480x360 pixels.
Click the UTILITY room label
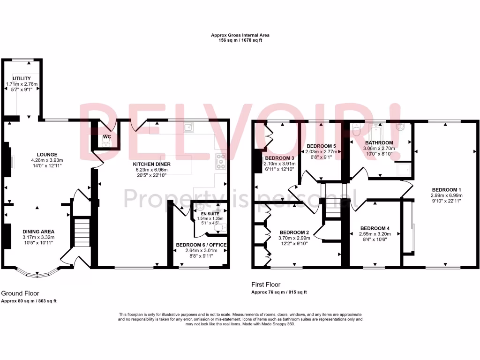click(22, 78)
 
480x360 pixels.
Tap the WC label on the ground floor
click(106, 137)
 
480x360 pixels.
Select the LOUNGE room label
click(47, 154)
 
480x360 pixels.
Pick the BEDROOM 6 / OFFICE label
click(201, 245)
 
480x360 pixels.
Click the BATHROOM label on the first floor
click(379, 143)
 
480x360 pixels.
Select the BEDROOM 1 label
click(446, 189)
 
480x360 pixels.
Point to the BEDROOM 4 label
click(375, 228)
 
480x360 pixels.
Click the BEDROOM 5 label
click(321, 146)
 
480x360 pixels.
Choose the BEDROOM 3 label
click(279, 158)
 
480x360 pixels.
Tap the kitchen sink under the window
click(190, 127)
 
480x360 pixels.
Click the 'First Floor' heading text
click(266, 284)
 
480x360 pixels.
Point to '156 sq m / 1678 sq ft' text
click(240, 41)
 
